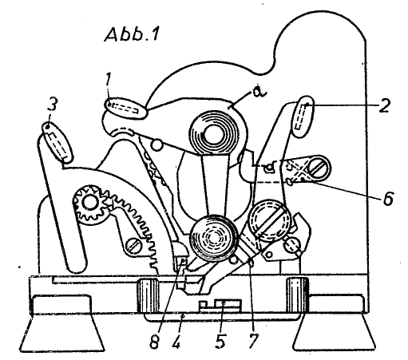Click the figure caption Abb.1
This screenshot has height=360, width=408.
(x=133, y=34)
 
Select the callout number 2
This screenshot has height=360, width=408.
(x=384, y=105)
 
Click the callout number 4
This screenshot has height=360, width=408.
(x=176, y=341)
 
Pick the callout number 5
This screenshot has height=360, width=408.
(x=220, y=341)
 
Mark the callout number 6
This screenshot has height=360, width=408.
(x=388, y=198)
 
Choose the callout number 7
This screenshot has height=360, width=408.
(x=253, y=341)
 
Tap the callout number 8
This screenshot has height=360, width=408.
(x=154, y=341)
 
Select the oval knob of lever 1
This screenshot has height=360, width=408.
(x=125, y=109)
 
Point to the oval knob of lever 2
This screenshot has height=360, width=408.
(x=303, y=117)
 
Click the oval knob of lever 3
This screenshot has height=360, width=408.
(x=57, y=142)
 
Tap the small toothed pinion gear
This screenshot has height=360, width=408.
(x=90, y=204)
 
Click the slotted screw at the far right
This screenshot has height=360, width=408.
(x=319, y=168)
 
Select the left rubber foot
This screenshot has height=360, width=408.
(x=62, y=322)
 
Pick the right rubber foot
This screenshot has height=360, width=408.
(x=335, y=322)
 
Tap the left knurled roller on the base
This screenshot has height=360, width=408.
(x=148, y=295)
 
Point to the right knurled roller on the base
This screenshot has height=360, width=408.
(x=297, y=295)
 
